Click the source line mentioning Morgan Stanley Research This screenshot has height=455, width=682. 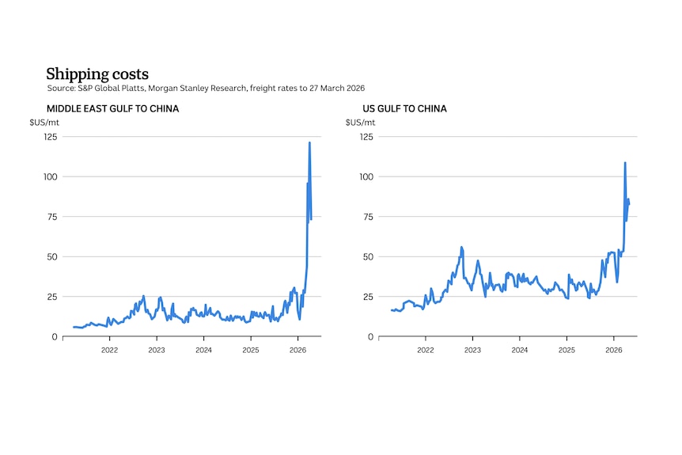click(206, 88)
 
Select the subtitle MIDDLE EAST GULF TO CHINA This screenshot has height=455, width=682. click(112, 108)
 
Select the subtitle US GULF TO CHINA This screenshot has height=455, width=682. click(404, 108)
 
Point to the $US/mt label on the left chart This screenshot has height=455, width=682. click(44, 123)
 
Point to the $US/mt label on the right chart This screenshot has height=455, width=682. click(361, 123)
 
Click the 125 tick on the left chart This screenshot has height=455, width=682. click(50, 137)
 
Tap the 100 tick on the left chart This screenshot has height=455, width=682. click(50, 176)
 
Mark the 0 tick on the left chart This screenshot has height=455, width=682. click(55, 337)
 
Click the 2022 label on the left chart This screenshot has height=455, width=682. click(109, 350)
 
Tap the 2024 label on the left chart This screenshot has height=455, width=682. click(203, 350)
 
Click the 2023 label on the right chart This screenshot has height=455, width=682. click(472, 350)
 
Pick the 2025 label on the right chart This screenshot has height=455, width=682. click(566, 350)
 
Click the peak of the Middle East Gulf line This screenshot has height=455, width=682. click(309, 142)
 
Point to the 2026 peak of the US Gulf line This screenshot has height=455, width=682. click(625, 163)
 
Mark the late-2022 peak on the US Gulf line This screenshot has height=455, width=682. click(461, 247)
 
